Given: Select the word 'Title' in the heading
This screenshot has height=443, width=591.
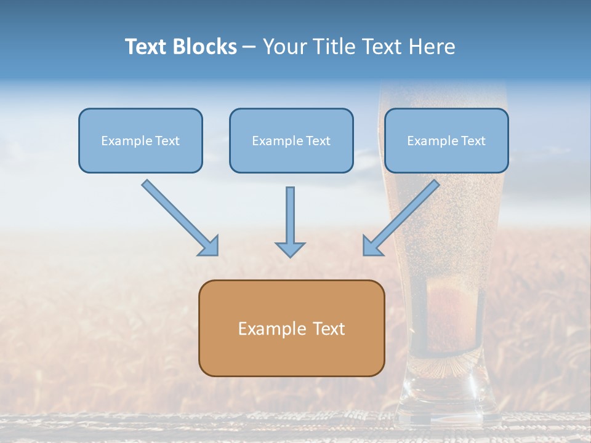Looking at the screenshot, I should click(334, 47).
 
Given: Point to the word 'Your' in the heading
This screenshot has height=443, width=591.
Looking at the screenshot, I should click(285, 47).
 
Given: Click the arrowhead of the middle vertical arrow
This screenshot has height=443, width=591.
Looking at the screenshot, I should click(290, 249).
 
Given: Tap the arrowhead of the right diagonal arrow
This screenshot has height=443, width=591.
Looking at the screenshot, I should click(371, 246).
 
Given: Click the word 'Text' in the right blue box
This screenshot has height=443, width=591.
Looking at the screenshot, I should click(473, 141).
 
